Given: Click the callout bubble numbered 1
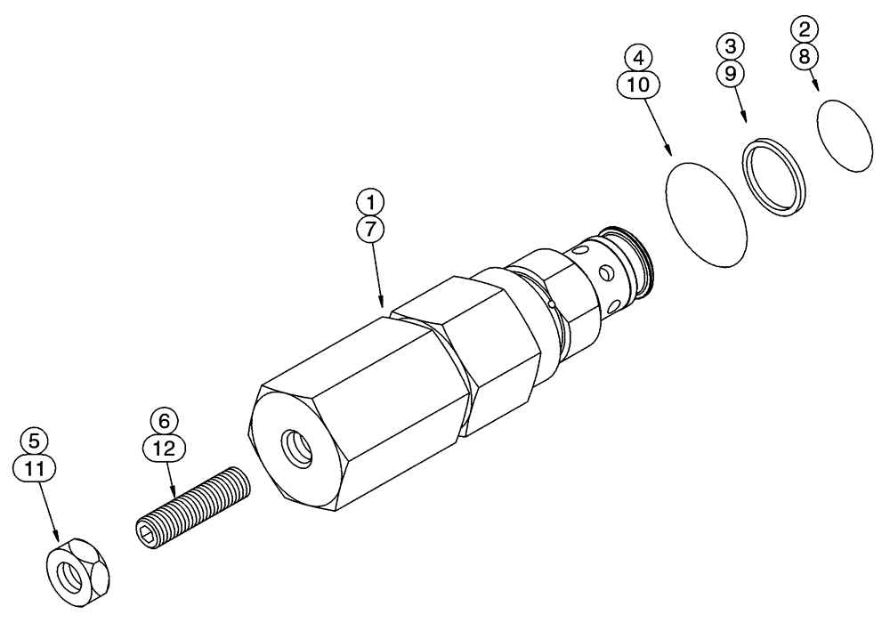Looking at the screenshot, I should pos(372,200).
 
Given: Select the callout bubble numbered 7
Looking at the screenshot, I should pos(372,229).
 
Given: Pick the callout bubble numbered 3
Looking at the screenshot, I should pos(731,45).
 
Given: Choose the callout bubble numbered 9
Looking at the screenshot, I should pos(731,73).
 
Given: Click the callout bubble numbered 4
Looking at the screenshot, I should pos(637,57).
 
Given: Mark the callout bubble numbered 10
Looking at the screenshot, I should pos(637,85).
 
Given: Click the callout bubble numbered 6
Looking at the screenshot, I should pos(165,418).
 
